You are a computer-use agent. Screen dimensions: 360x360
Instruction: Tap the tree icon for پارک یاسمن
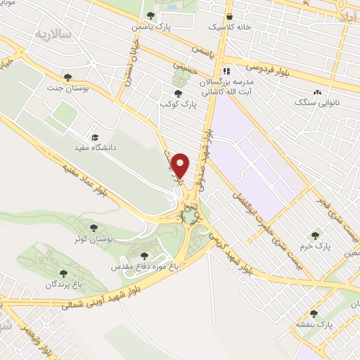tap(150, 15)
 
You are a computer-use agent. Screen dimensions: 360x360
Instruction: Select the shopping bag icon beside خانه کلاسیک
tap(229, 15)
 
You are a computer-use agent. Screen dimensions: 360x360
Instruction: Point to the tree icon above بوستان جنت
tap(67, 77)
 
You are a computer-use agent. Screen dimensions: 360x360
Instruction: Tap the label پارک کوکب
tap(175, 104)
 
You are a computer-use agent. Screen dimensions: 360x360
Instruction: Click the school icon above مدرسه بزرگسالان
tap(226, 71)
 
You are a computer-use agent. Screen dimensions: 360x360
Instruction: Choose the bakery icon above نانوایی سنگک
tap(318, 92)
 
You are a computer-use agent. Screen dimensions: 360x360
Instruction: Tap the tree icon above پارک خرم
tap(314, 236)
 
